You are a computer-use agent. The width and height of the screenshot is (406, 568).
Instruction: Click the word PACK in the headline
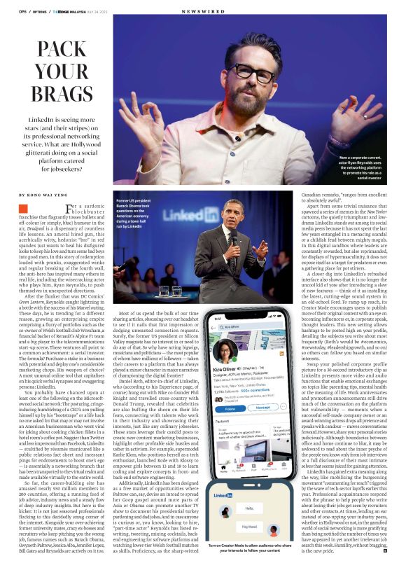62,49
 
